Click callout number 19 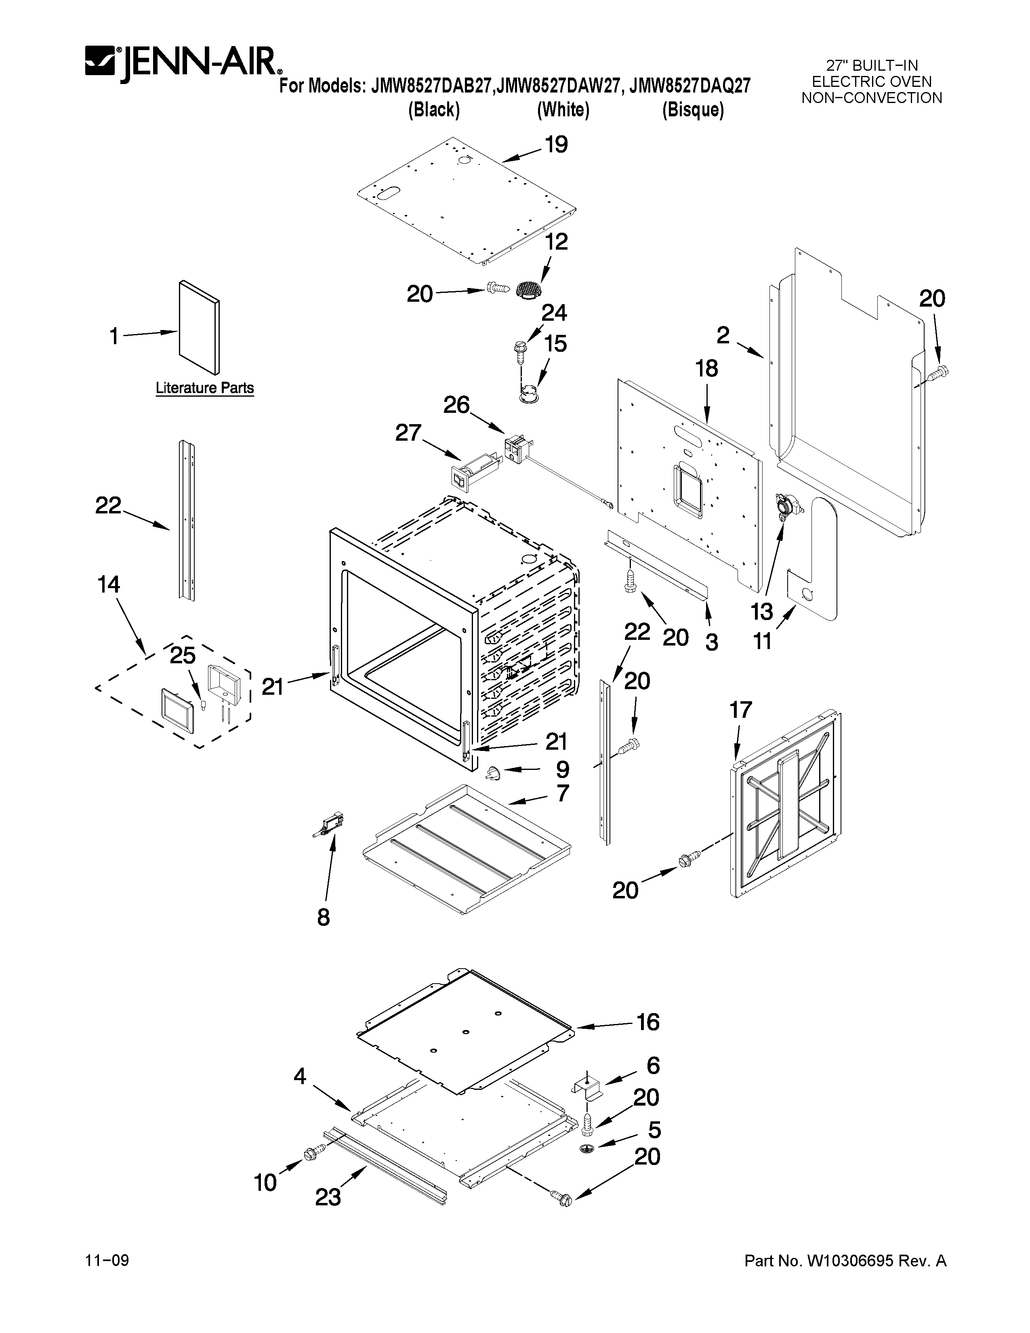coord(556,145)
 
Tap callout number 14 coord(109,585)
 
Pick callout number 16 coord(647,1022)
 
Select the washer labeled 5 coord(587,1149)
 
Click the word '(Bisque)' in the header coord(693,110)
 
